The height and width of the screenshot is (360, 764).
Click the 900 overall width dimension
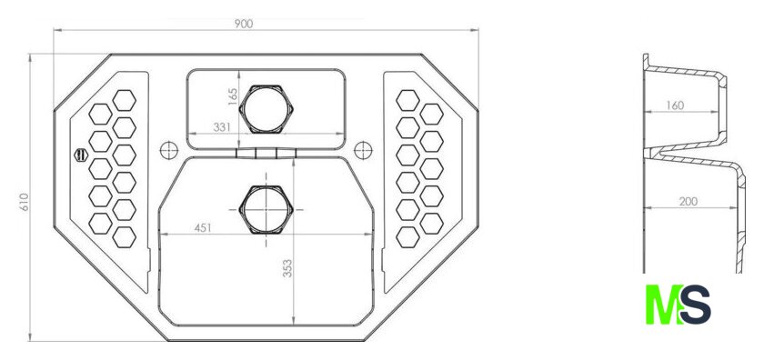click(x=243, y=24)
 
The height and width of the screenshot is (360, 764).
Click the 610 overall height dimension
click(x=25, y=202)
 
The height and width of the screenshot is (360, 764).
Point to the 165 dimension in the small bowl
click(x=233, y=96)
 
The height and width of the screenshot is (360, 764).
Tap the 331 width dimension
click(x=222, y=127)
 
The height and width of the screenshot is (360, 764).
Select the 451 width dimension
click(x=203, y=227)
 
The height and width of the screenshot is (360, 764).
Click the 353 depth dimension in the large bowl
click(x=287, y=268)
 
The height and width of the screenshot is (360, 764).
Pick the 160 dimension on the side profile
click(x=674, y=105)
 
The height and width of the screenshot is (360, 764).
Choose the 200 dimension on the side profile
click(x=688, y=201)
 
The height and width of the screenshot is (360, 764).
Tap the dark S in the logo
click(x=695, y=305)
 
